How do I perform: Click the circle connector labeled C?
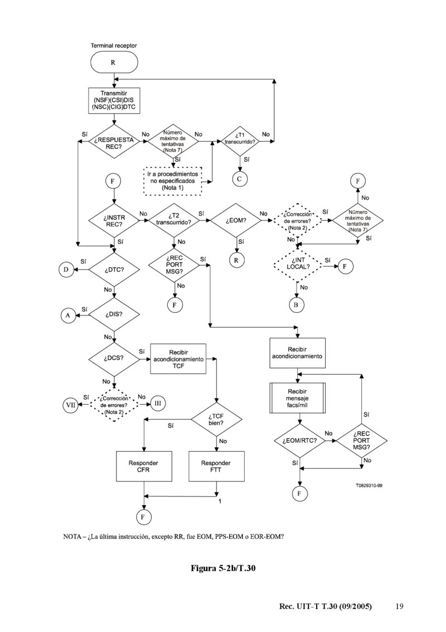pos(240,179)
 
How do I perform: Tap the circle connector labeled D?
pos(66,270)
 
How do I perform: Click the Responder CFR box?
pos(144,466)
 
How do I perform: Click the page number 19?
pos(399,606)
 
